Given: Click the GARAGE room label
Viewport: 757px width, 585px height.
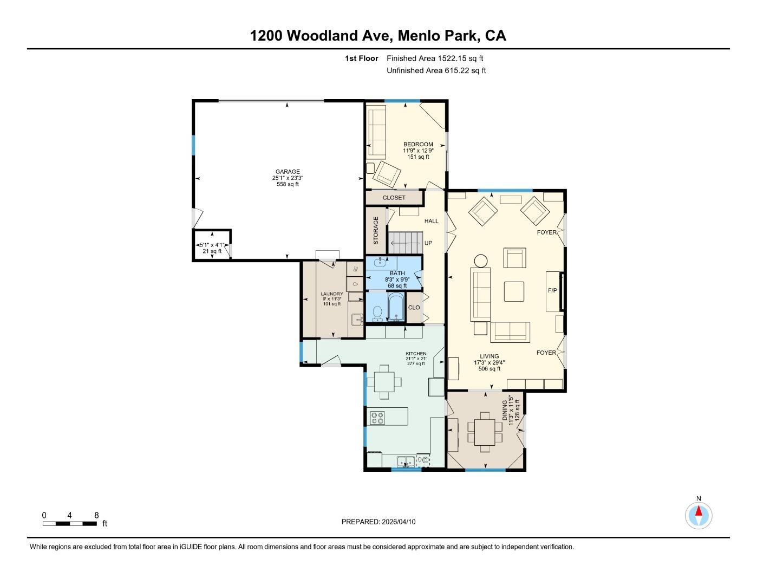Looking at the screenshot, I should point(286,172).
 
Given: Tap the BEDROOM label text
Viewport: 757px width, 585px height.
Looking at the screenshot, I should point(418,144).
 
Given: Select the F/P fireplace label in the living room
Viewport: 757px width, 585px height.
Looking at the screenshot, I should point(552,291).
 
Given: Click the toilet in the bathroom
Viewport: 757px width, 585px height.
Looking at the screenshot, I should point(378,313).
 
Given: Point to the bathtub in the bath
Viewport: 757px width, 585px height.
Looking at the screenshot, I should point(395,307).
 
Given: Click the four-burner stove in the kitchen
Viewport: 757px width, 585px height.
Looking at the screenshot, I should point(377,418).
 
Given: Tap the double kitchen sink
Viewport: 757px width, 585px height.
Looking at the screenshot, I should point(405,461).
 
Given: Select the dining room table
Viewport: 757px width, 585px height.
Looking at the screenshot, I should point(485,432).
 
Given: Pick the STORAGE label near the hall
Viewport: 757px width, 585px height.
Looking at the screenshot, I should point(376,230).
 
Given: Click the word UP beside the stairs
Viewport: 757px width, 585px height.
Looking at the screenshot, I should point(428,243).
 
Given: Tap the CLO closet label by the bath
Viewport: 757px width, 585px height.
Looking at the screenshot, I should point(414,308).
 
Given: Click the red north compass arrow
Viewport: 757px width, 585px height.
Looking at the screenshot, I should point(699,511).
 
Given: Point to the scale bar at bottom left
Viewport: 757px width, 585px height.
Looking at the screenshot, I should point(70,523).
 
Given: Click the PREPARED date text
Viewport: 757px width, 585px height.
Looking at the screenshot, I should point(378,522).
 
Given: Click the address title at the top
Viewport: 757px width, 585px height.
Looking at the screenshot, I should point(378,36).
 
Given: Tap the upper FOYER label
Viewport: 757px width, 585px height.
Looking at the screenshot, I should point(546,232).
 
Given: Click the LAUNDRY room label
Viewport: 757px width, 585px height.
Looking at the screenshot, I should point(331,294).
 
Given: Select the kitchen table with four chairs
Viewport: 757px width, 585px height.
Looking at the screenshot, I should point(384,381).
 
